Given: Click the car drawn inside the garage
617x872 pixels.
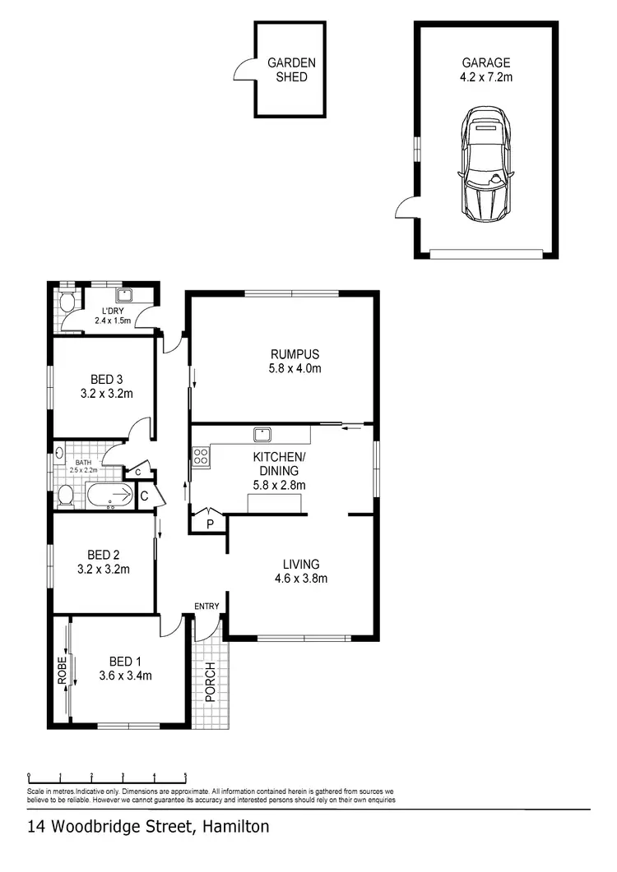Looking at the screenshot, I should coord(486,165).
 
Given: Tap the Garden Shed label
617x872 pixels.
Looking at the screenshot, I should coord(291,69).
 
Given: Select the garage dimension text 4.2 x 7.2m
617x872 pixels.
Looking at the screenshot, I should coord(485,77).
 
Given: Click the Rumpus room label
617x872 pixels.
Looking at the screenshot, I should coord(295,354).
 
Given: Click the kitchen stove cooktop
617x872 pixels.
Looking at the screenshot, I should coord(200,457).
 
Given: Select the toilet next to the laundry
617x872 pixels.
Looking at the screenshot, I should coord(68,303).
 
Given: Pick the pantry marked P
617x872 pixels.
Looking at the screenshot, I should coord(210,523).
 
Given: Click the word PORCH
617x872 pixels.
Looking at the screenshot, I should coord(211,681).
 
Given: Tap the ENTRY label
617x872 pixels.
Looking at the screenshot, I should coord(206,607).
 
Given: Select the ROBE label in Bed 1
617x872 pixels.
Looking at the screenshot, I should coord(62,674).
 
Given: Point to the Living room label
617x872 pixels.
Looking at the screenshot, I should coord(301,564).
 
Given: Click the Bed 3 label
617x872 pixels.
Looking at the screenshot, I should coord(107,379).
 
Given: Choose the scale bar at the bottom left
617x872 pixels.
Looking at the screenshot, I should coord(107,776).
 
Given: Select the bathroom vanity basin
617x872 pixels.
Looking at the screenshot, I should coord(60,452).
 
